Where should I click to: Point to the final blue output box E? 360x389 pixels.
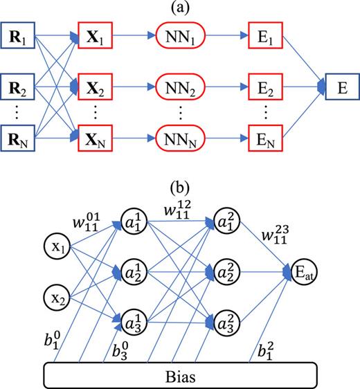(x=339, y=89)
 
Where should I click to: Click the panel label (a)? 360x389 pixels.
(x=179, y=8)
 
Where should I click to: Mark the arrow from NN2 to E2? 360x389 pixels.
(x=222, y=89)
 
